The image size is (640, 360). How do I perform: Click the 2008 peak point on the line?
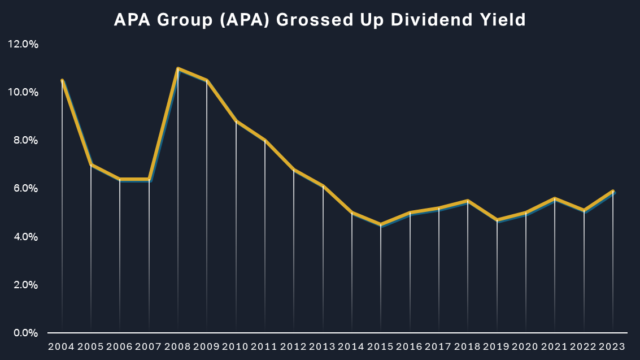point(178,68)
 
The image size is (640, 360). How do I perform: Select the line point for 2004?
point(62,80)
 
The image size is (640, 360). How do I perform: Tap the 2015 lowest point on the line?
point(381,224)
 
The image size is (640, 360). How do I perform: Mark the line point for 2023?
point(612,191)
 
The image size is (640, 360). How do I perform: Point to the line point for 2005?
point(91,164)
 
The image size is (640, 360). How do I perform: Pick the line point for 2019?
point(497,220)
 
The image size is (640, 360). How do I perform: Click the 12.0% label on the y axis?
point(23,44)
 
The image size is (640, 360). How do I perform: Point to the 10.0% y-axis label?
point(23,92)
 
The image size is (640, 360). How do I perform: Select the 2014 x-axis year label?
point(352,346)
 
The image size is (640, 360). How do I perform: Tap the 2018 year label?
point(468,346)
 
